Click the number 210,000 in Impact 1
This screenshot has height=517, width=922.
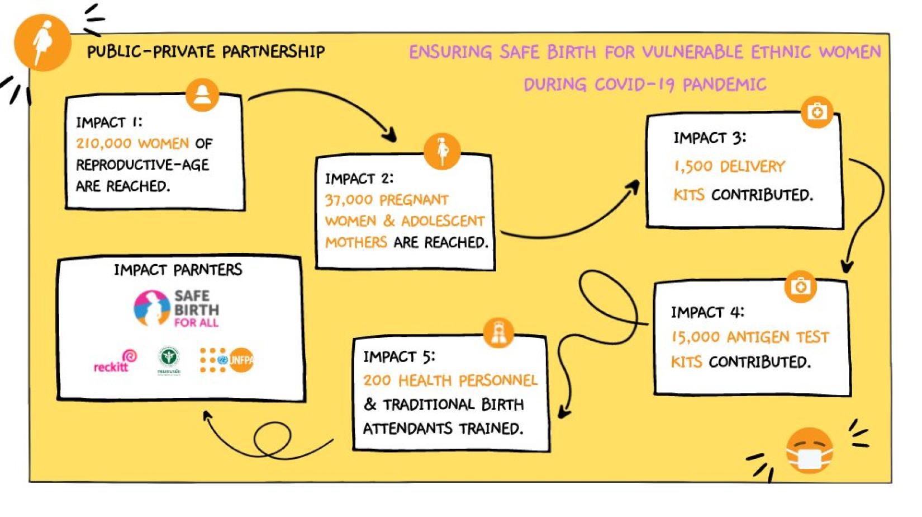point(104,143)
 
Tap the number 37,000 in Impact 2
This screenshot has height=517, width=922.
point(349,200)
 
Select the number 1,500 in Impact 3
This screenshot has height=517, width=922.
point(693,166)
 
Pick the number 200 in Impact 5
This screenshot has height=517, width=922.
point(377,380)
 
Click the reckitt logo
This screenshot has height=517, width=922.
point(115,363)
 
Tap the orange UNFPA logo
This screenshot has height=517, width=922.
point(240,360)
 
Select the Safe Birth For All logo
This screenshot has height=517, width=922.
point(177,308)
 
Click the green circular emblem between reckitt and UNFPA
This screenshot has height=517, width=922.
point(168,359)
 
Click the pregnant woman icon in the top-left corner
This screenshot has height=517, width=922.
point(43,43)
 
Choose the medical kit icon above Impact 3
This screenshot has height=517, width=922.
point(816,112)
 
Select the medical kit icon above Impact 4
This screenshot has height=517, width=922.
point(800,286)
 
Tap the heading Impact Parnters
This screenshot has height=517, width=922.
point(178,270)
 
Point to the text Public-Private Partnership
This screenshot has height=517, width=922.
point(206,52)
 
